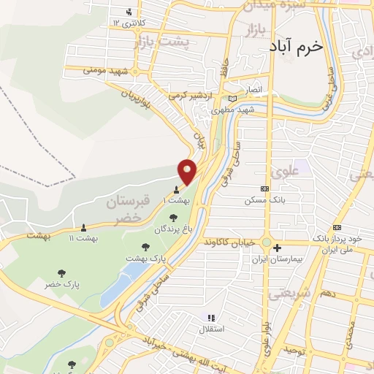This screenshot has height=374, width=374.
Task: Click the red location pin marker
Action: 188,171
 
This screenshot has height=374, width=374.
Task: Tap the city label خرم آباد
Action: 296,45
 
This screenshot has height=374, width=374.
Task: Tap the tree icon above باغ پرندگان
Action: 173,218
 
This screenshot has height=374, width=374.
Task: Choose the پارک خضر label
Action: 62,283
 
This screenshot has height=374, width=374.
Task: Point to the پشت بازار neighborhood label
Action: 161,44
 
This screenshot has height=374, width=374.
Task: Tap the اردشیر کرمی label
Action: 207,96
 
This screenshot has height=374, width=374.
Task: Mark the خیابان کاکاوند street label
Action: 231,241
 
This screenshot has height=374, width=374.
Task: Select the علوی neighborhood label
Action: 284,172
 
